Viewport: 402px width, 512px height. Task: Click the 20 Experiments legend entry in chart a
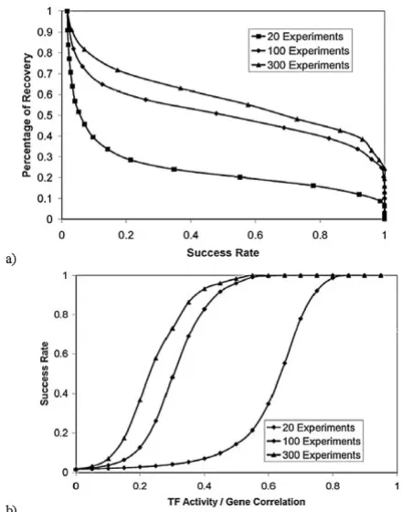tap(297, 36)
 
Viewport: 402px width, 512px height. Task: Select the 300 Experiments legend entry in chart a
tap(301, 65)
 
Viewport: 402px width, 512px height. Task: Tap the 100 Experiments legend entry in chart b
tap(313, 442)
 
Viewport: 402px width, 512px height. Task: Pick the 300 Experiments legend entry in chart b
tap(313, 455)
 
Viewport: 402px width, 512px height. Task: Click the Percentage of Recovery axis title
tap(27, 115)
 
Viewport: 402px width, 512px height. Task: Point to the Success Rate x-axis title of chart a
tap(223, 252)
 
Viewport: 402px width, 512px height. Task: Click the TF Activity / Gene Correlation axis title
tap(237, 502)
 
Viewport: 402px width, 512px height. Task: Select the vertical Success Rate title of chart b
tap(45, 374)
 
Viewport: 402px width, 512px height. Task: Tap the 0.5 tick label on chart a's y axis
tap(48, 115)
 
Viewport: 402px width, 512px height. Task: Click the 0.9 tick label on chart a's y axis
tap(48, 32)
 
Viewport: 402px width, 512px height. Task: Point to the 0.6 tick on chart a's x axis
tap(255, 235)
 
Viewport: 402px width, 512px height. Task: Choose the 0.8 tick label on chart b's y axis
tap(62, 315)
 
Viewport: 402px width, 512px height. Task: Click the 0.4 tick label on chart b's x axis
tap(205, 486)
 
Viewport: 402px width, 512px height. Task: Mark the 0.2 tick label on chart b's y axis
tap(62, 433)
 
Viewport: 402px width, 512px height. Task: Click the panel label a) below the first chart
tap(10, 260)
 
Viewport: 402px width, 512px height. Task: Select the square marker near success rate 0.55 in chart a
tap(240, 177)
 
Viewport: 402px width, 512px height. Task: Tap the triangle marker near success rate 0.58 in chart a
tap(249, 105)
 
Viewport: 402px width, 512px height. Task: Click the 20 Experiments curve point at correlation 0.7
tap(301, 318)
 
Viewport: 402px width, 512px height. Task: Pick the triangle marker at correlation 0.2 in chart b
tap(141, 400)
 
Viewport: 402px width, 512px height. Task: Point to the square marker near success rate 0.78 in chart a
tap(313, 186)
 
